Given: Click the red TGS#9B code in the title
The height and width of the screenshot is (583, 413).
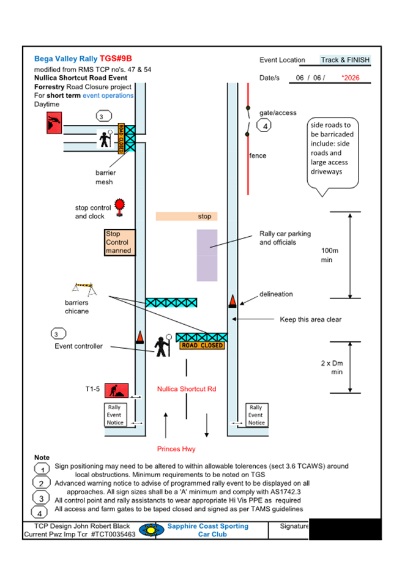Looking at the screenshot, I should (x=116, y=59).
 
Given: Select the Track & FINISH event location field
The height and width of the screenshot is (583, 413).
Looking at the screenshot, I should (x=345, y=60).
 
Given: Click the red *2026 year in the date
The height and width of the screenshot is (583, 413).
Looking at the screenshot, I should (x=351, y=78).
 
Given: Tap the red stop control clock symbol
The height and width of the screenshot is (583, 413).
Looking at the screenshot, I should (x=119, y=206).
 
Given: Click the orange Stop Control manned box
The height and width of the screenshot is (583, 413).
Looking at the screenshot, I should (x=118, y=242).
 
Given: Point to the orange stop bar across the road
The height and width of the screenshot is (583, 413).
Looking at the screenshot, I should (x=187, y=217).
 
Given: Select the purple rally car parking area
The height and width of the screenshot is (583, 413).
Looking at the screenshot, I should (x=207, y=255).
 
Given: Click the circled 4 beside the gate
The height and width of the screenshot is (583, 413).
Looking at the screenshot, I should (x=264, y=126).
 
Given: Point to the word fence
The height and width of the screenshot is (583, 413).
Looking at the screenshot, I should (x=258, y=155).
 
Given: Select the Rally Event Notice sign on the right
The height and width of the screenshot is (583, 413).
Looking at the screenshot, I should (x=256, y=415).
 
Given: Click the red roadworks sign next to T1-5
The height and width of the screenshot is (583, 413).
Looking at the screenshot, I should (x=114, y=390).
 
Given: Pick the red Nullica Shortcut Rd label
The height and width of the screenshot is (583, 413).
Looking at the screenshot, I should (x=186, y=389).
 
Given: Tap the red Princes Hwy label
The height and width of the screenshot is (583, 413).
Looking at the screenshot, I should (x=176, y=449).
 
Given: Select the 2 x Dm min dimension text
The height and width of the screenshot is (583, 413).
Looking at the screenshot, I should (x=332, y=367).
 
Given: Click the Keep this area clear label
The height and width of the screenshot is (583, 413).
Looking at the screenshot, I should (x=310, y=319).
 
